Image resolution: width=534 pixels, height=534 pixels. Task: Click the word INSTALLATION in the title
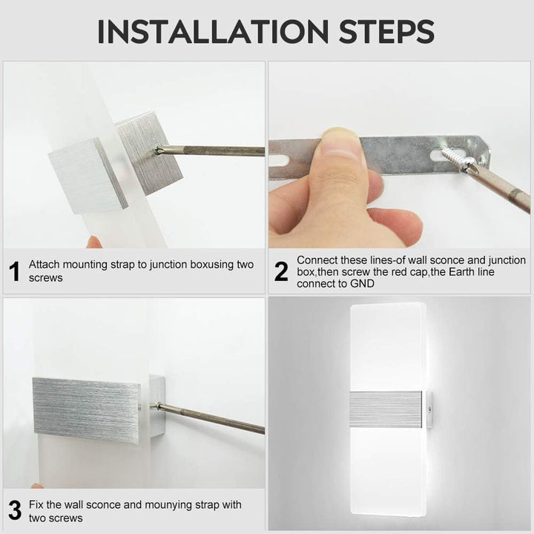click(x=213, y=31)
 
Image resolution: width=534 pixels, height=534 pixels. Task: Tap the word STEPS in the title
click(x=386, y=31)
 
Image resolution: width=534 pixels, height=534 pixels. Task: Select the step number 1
click(x=15, y=271)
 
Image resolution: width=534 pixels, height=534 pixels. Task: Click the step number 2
click(x=281, y=271)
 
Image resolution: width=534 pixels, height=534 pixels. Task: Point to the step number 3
click(x=15, y=510)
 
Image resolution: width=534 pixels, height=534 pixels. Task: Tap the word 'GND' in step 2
click(x=362, y=283)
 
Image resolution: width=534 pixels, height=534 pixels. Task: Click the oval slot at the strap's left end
click(x=278, y=160)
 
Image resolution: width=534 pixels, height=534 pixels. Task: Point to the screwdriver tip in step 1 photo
click(x=156, y=149)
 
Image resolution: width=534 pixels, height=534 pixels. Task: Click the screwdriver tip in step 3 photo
click(x=159, y=405)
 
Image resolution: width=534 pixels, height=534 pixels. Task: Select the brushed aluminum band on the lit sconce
click(x=386, y=409)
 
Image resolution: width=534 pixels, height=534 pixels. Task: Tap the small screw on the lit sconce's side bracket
click(x=429, y=409)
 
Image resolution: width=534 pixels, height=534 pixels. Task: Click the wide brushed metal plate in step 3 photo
click(x=87, y=410)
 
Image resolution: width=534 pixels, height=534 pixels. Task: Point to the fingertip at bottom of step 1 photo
click(x=94, y=242)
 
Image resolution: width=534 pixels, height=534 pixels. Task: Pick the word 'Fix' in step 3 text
click(x=36, y=505)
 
